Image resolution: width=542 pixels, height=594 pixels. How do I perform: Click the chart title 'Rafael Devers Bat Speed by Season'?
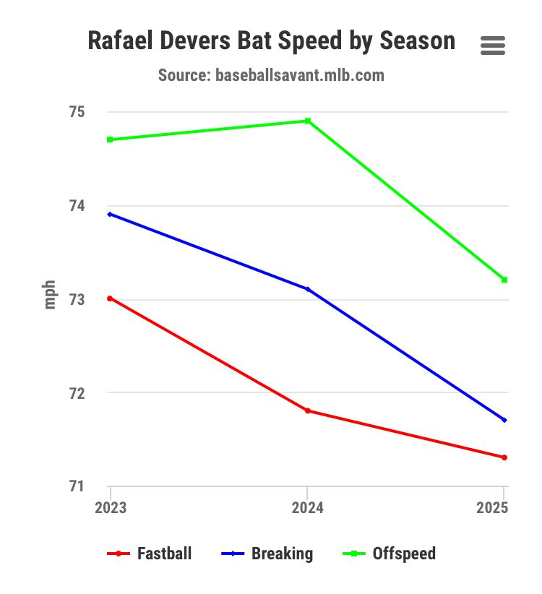coord(271,40)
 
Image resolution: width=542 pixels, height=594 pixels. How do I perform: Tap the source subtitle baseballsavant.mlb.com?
coord(271,74)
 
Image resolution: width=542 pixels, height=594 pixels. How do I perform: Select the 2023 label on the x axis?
coord(111,508)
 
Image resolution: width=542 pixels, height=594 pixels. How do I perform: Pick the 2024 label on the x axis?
coord(308,508)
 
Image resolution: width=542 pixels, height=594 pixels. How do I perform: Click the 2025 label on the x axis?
coord(492,508)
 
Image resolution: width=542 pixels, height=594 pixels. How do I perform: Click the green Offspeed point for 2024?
coord(308,121)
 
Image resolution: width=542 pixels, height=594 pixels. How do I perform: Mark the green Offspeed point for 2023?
coord(110,139)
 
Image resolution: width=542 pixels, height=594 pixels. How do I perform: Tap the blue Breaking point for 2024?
coord(308,289)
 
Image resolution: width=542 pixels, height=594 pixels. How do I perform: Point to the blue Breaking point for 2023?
coord(110,214)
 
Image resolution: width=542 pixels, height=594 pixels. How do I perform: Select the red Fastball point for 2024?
coord(308,410)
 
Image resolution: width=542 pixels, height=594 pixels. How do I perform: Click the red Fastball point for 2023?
coord(110,298)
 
